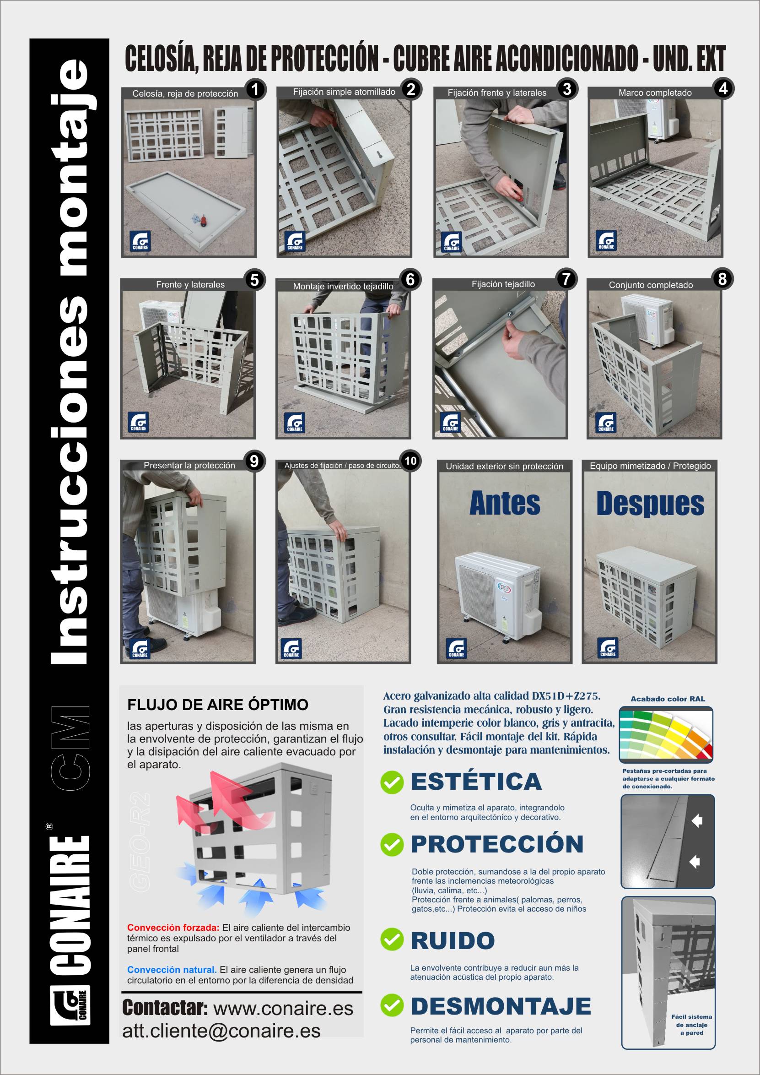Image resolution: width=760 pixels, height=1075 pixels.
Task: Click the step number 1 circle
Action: click(255, 89)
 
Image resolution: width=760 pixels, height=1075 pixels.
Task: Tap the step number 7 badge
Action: click(566, 279)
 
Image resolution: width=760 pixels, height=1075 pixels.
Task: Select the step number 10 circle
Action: click(410, 461)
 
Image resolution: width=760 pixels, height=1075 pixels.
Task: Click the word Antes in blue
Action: click(505, 504)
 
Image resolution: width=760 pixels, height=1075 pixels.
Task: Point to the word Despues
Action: click(650, 504)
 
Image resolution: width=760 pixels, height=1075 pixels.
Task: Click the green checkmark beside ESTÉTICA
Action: click(392, 782)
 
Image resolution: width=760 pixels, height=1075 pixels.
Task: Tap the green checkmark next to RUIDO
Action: click(392, 939)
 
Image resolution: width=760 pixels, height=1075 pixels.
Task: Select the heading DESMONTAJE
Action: click(501, 1006)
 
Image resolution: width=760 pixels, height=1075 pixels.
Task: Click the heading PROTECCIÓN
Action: click(497, 844)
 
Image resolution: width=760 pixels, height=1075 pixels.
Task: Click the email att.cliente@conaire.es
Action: click(221, 1031)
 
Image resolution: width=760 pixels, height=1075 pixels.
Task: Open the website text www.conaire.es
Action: click(283, 1009)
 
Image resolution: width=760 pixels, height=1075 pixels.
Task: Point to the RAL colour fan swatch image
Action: click(666, 735)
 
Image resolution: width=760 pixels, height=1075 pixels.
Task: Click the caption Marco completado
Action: click(655, 92)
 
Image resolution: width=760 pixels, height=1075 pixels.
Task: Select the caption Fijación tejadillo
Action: click(503, 284)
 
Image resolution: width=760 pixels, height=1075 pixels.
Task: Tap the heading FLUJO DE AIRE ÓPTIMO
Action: click(218, 705)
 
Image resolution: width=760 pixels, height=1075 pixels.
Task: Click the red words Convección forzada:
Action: click(173, 928)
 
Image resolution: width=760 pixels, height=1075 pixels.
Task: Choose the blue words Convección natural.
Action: click(172, 970)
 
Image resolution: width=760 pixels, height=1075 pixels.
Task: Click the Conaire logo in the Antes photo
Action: click(456, 648)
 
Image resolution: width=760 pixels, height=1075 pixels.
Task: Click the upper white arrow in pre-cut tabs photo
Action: click(697, 821)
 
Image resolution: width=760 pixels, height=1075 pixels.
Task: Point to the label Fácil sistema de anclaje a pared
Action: click(691, 1025)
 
